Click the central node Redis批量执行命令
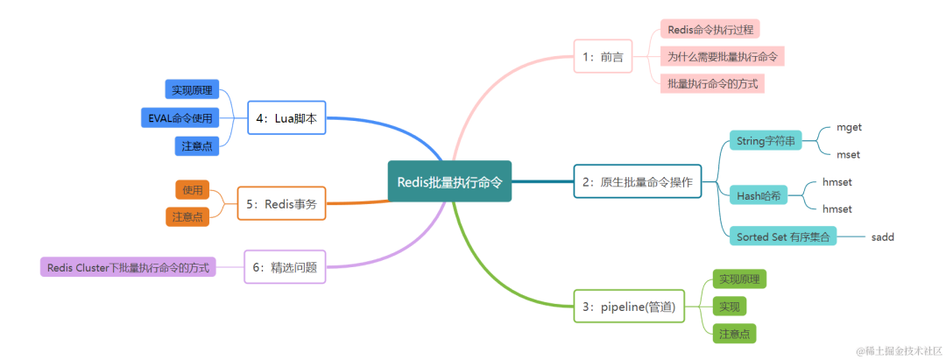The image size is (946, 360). coord(449,181)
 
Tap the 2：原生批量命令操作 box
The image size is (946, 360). coord(638,182)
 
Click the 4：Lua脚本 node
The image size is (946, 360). coord(286,117)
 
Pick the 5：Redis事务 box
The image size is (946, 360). coord(281,203)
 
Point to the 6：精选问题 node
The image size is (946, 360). coord(285,266)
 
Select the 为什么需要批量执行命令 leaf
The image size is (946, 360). coord(722,56)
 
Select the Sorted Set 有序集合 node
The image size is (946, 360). coord(782,236)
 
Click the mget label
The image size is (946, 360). coord(849,126)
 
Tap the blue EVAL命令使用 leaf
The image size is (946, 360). coord(180,117)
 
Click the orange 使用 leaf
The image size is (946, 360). coord(193,189)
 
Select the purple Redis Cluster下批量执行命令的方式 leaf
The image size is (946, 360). coord(128,266)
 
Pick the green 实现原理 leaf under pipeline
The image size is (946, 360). coord(739,279)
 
